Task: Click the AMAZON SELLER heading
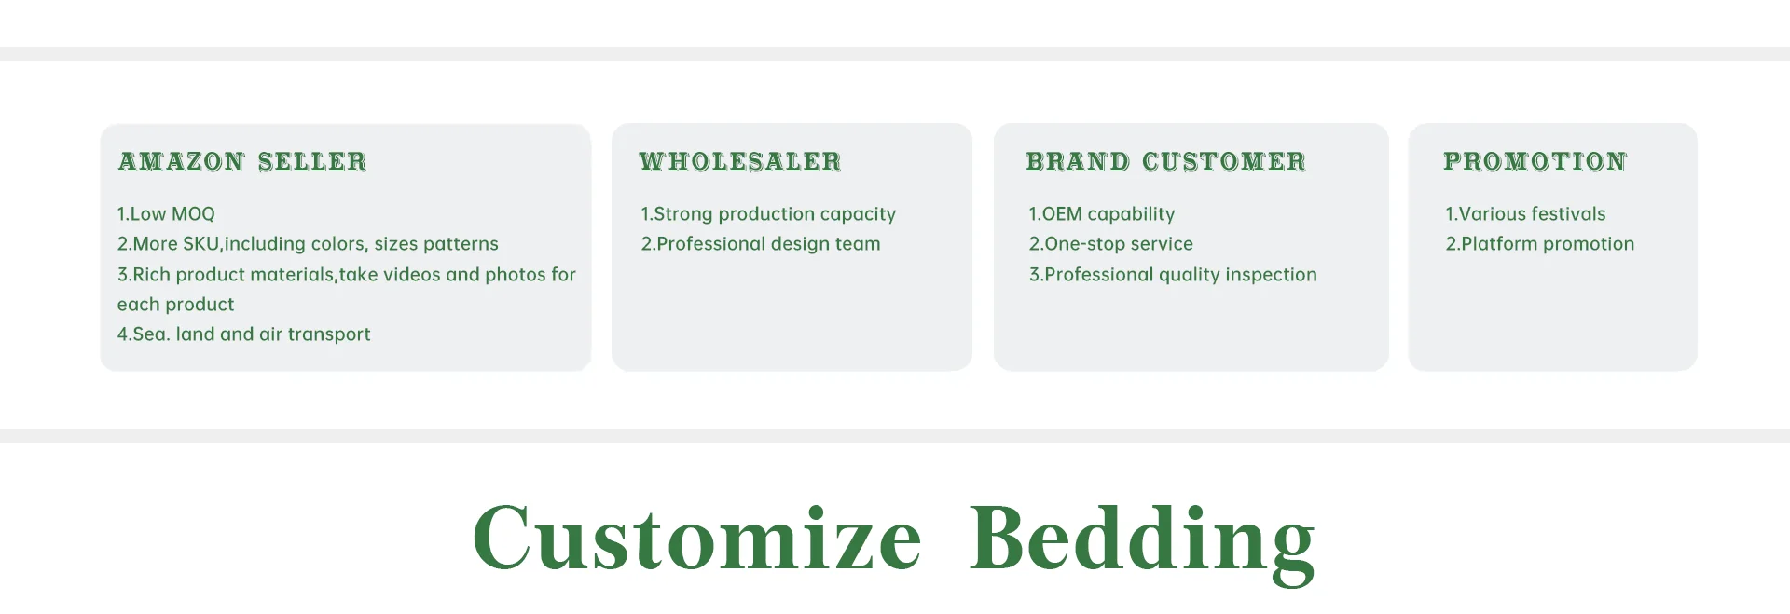(242, 162)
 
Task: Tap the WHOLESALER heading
(740, 162)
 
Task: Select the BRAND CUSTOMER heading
(1166, 162)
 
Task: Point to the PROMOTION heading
(1535, 162)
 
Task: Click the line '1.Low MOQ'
(166, 214)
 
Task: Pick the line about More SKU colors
(308, 244)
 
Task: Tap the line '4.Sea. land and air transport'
(243, 334)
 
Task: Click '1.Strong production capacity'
(768, 214)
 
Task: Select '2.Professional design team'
(761, 244)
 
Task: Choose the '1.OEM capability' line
(1102, 214)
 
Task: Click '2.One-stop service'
(1110, 244)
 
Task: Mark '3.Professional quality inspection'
(1173, 275)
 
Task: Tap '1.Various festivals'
(1525, 214)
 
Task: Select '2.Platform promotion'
(1540, 244)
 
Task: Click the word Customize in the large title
(697, 538)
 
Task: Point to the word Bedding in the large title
(1142, 542)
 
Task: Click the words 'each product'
(175, 305)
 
